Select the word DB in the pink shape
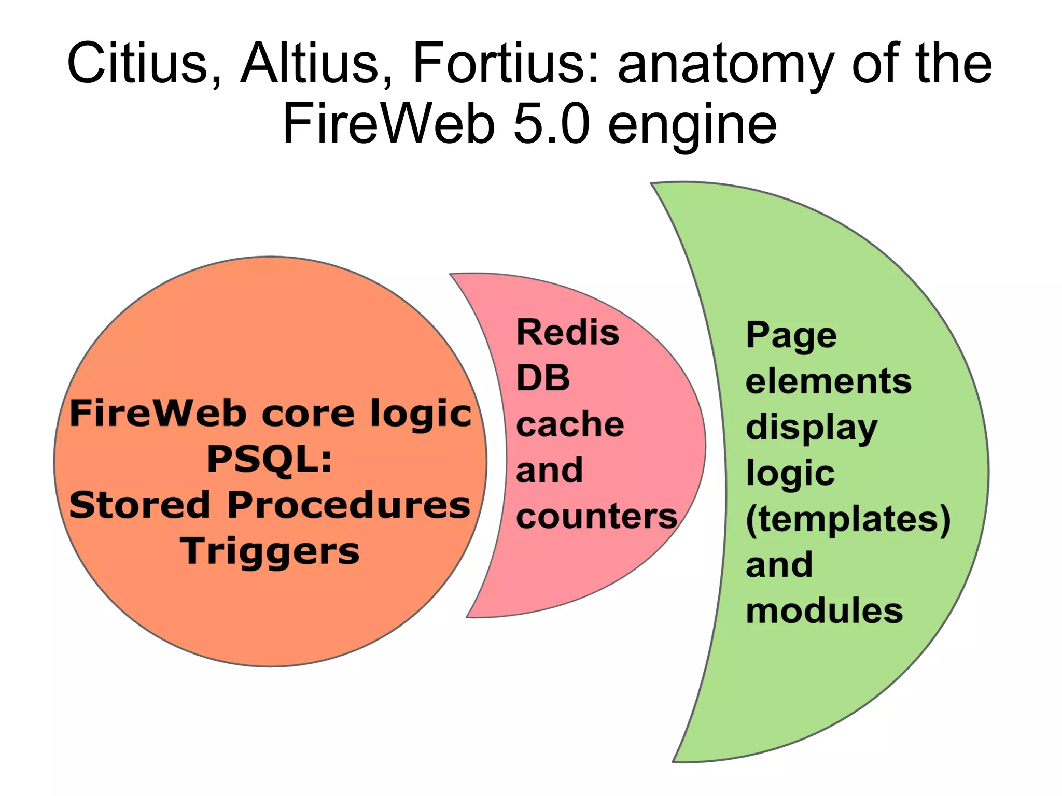pyautogui.click(x=543, y=378)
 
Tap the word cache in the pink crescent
pyautogui.click(x=570, y=424)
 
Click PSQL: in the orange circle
pyautogui.click(x=270, y=460)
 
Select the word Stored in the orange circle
pyautogui.click(x=139, y=505)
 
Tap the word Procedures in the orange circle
pyautogui.click(x=348, y=505)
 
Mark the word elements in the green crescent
pyautogui.click(x=828, y=381)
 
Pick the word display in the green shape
pyautogui.click(x=812, y=428)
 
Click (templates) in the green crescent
pyautogui.click(x=848, y=519)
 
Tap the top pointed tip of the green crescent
pyautogui.click(x=653, y=184)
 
